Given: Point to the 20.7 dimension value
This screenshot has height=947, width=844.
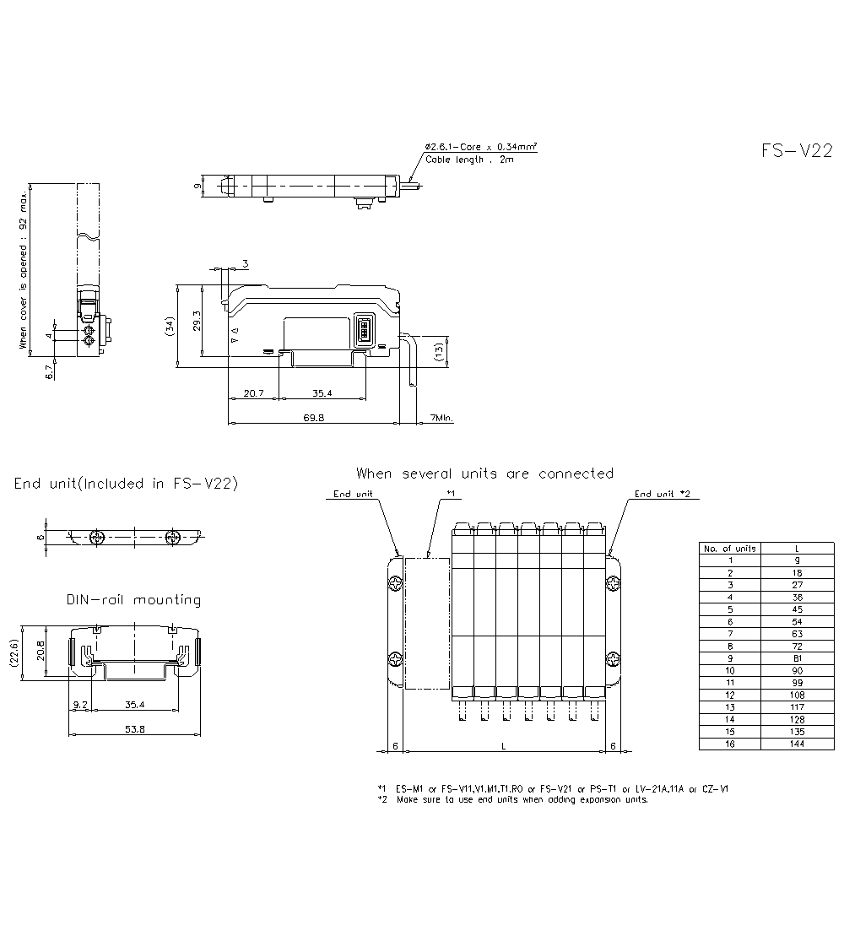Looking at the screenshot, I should [254, 393].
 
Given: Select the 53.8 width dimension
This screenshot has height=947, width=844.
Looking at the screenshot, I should [134, 729].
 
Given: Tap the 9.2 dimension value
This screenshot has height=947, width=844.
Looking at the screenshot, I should [80, 704].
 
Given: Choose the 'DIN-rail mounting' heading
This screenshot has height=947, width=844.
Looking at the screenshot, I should [133, 600].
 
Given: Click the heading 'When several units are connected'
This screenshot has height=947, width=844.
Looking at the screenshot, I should [484, 473].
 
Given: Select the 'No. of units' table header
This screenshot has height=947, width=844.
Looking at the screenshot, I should [730, 549].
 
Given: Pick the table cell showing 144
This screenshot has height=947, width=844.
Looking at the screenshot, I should [797, 744].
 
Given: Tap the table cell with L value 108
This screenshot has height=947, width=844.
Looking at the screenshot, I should [797, 695].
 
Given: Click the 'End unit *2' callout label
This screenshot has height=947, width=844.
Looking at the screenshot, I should [663, 494].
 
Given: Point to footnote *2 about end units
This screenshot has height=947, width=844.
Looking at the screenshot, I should [515, 798].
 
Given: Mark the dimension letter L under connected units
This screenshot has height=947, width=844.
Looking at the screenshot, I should [504, 746].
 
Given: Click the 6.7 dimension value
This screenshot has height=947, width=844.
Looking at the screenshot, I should [50, 369].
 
